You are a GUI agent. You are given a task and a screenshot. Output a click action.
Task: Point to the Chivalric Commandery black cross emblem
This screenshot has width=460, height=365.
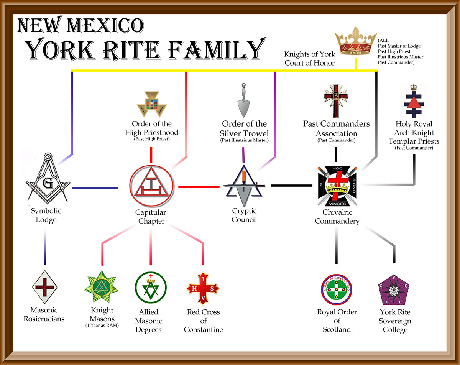click(336, 186)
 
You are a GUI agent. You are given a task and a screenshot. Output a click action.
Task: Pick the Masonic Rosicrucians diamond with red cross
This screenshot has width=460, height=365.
click(45, 286)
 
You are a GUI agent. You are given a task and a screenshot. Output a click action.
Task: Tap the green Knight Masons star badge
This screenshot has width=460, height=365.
click(101, 287)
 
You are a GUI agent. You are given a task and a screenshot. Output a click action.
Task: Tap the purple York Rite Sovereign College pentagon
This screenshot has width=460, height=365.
click(394, 289)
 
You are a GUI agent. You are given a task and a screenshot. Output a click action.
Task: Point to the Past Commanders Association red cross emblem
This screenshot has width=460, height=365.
click(336, 100)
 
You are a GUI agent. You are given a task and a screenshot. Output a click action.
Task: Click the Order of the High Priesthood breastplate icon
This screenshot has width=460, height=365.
click(150, 104)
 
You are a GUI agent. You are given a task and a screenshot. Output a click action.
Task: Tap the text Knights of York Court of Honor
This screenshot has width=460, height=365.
click(310, 58)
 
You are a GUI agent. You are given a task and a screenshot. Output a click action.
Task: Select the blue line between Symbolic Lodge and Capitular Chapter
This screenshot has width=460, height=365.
click(95, 187)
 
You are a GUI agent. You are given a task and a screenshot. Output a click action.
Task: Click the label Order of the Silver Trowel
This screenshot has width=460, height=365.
click(244, 128)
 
